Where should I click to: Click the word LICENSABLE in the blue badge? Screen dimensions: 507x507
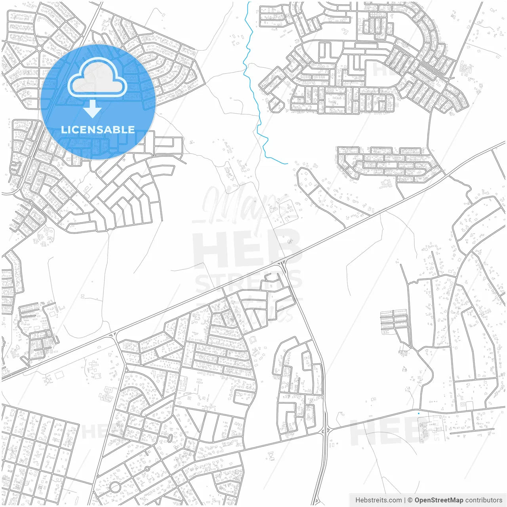point(97,130)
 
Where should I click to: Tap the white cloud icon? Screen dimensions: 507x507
point(97,77)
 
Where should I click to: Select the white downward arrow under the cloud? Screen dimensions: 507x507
point(93,109)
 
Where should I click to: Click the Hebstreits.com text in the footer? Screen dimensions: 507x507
point(378,500)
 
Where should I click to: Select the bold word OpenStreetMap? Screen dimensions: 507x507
point(439,500)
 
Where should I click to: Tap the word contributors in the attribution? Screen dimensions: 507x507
point(484,500)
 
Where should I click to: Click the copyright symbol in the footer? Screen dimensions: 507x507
point(410,500)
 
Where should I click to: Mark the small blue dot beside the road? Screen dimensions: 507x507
point(418,414)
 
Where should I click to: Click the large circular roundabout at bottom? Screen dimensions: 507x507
point(115,486)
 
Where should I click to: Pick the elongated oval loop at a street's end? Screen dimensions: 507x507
point(170,438)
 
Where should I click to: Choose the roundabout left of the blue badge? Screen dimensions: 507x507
point(39,48)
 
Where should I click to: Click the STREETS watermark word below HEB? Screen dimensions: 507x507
point(248,282)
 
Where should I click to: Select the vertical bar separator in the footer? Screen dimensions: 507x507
point(404,500)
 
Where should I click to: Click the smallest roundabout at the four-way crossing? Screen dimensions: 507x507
point(142,430)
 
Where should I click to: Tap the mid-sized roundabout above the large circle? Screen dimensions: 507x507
point(147,469)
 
